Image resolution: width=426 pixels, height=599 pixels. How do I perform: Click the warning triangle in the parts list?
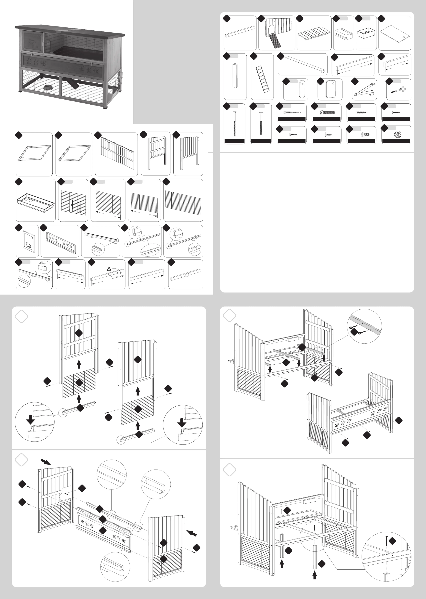click(x=109, y=269)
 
